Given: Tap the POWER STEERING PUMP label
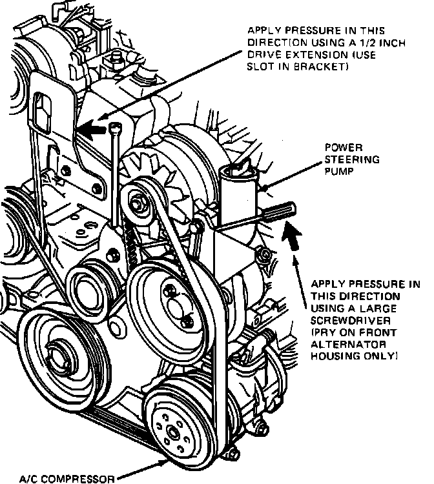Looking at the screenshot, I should pyautogui.click(x=351, y=159).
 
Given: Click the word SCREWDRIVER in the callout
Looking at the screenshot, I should pyautogui.click(x=344, y=319).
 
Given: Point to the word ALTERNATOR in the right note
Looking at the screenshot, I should pyautogui.click(x=342, y=343).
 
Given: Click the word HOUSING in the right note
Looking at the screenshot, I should pyautogui.click(x=333, y=355).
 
